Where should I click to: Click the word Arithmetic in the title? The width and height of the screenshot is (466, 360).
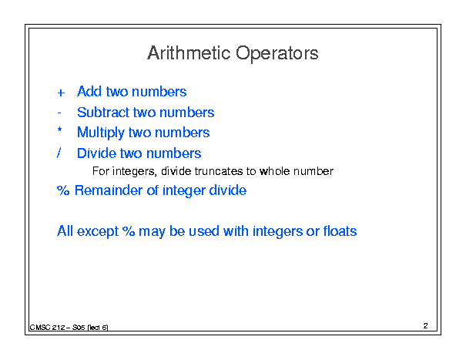(x=189, y=53)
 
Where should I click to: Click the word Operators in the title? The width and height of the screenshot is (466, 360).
(x=277, y=53)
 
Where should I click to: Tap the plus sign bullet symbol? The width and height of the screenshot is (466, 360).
(x=61, y=93)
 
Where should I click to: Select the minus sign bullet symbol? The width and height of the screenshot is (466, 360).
(x=59, y=113)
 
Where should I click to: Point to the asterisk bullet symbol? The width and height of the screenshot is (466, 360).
(x=60, y=130)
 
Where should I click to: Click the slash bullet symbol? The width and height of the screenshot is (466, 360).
(x=59, y=153)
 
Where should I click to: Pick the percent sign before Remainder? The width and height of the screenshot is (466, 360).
(x=63, y=190)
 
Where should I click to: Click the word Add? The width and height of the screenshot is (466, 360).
(x=89, y=91)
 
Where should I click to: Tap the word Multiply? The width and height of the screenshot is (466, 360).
(x=100, y=133)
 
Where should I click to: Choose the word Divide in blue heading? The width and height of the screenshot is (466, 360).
(x=96, y=153)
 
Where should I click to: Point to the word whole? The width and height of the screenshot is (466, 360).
(x=274, y=171)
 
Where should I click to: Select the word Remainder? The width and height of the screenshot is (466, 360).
(x=109, y=190)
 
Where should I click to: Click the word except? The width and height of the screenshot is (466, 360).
(x=98, y=232)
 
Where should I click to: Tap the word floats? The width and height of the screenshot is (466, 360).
(x=340, y=230)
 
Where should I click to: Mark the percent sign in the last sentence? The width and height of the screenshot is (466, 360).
(x=129, y=230)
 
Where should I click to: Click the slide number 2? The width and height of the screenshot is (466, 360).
(x=426, y=325)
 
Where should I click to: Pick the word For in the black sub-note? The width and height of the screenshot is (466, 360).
(x=100, y=171)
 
